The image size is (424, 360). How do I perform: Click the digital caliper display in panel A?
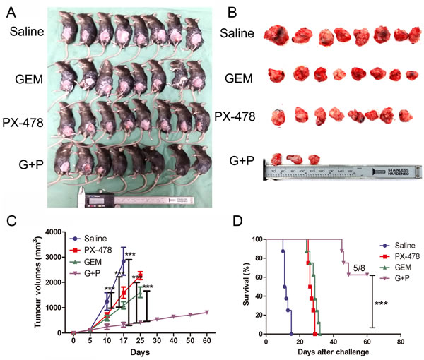(x=100, y=200)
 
